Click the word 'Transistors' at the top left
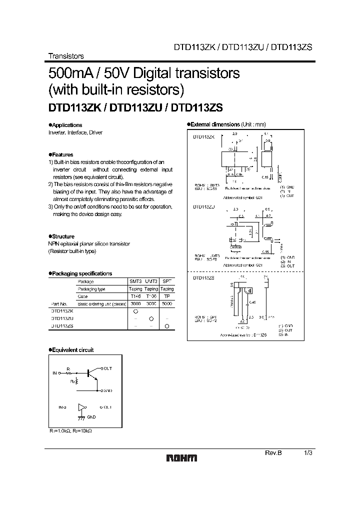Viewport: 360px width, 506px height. pos(65,56)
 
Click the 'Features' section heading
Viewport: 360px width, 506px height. pos(62,155)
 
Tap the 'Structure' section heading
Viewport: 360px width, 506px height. pos(63,236)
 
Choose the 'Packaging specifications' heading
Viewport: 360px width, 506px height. pos(81,273)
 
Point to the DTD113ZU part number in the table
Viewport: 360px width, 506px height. pos(62,318)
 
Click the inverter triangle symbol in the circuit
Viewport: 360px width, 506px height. pos(79,408)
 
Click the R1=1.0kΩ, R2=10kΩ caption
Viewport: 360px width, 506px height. pos(71,430)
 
